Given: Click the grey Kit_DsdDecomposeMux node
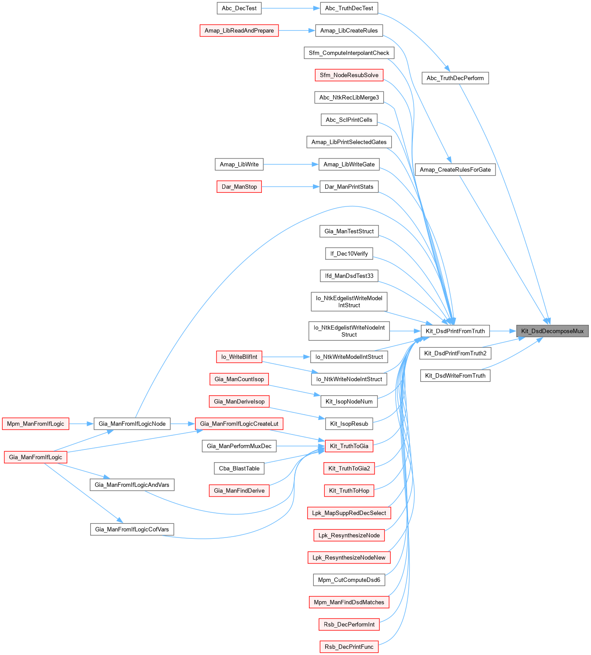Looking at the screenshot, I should point(552,331).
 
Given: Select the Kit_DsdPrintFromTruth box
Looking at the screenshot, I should point(455,331).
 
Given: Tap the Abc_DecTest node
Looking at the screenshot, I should point(239,8).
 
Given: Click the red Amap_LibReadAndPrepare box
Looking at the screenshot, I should point(239,30).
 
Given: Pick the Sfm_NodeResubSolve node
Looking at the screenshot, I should point(349,75).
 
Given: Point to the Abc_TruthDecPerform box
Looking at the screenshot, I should point(455,78).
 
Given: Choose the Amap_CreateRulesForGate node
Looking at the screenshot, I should point(455,169).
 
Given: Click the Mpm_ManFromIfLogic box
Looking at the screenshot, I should point(35,423).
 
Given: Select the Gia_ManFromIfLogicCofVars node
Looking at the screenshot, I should point(132,529).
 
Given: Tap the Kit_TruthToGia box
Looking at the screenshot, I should point(349,446).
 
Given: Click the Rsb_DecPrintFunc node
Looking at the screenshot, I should point(349,647).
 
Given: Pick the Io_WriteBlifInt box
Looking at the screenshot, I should point(239,357).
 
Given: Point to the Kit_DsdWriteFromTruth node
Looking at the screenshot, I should point(455,375).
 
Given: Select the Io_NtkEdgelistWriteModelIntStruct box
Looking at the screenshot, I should point(349,302).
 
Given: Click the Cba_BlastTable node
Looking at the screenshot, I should point(239,468).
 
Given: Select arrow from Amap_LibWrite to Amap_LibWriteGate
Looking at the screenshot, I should point(290,164).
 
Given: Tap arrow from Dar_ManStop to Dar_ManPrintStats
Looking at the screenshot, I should point(290,187).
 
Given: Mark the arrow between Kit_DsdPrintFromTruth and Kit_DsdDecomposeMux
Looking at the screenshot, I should point(503,331).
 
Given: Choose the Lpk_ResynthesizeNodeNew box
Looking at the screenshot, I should point(349,557).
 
